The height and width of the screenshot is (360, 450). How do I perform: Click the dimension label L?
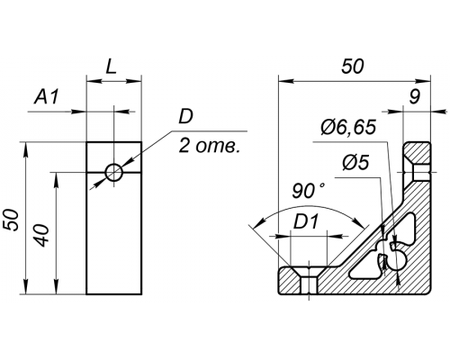(x=111, y=67)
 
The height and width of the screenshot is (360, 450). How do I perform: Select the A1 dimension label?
(x=46, y=97)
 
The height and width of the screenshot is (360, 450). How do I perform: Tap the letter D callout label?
(x=185, y=117)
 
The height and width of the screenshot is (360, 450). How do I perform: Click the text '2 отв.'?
(x=209, y=147)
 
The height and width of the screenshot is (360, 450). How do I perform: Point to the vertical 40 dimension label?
(x=42, y=235)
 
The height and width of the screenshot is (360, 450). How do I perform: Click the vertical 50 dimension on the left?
(x=13, y=220)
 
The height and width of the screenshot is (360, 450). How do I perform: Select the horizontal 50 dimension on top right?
(x=353, y=67)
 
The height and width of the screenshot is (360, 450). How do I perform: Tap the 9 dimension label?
(x=415, y=97)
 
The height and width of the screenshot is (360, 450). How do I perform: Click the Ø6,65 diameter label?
(x=348, y=127)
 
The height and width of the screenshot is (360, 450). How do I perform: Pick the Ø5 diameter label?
(x=355, y=163)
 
